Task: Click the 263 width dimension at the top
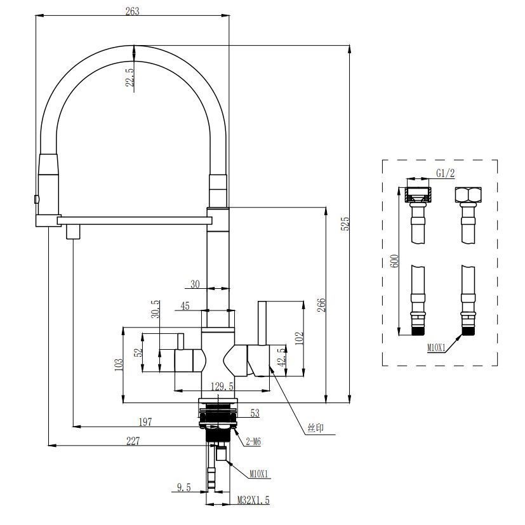pos(132,11)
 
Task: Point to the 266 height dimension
pos(322,305)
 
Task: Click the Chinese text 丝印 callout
pos(316,429)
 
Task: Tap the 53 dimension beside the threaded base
pos(255,413)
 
